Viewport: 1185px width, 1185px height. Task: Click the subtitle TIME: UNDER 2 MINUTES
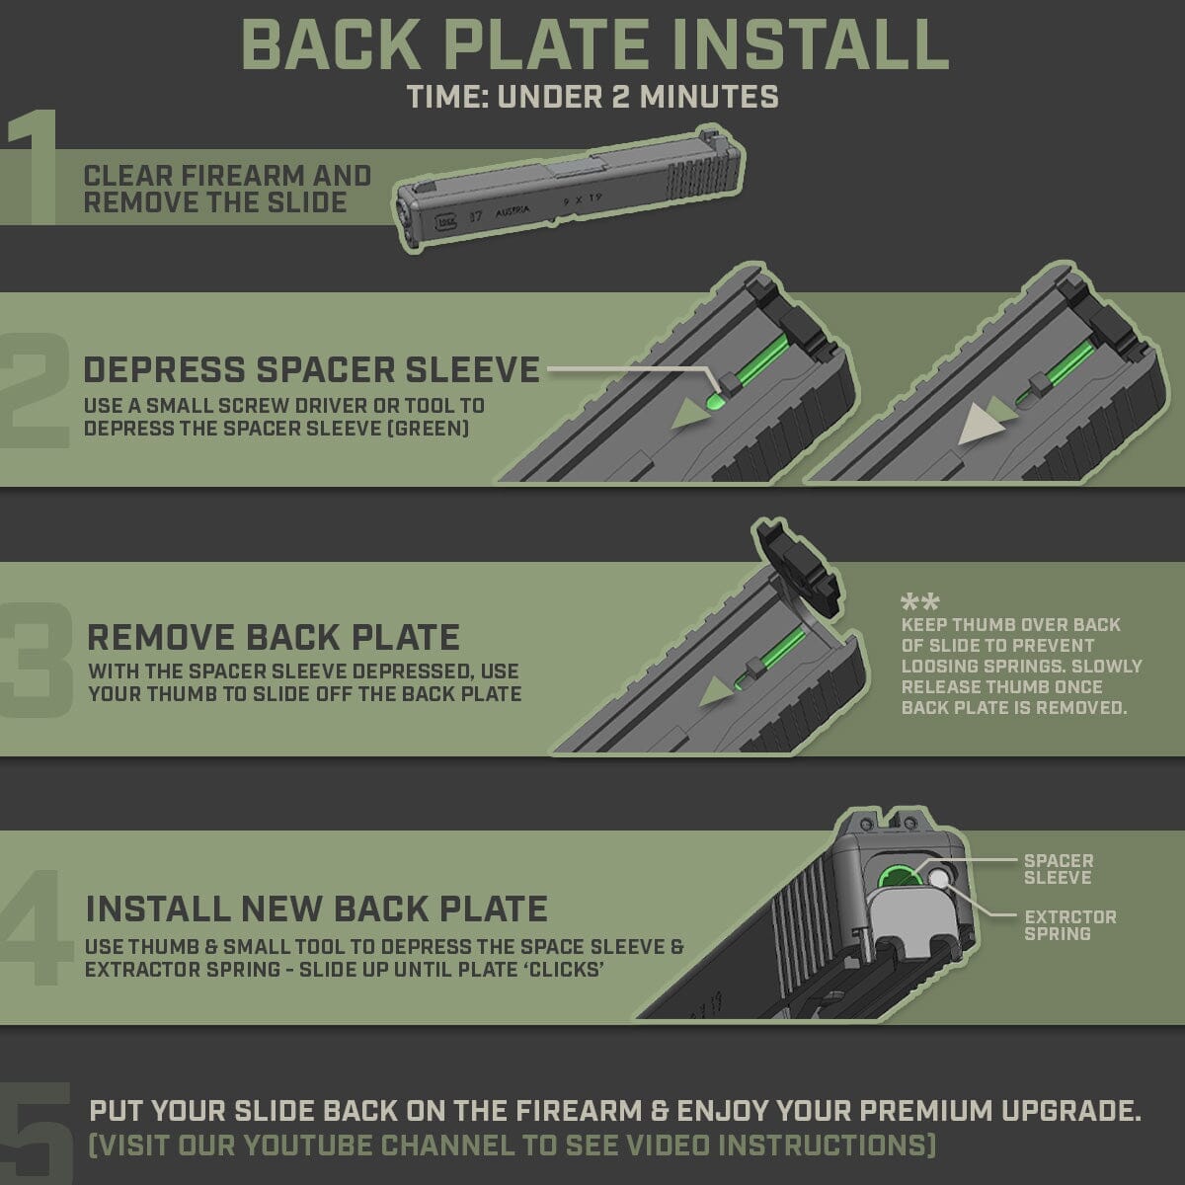point(592,97)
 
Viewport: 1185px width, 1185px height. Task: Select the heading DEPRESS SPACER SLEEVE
point(312,369)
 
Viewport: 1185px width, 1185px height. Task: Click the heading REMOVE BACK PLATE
point(274,637)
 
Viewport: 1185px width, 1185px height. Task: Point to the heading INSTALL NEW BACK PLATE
point(317,908)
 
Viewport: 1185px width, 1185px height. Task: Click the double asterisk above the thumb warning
point(919,601)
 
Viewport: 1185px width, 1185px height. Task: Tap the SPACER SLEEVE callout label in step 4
point(1058,869)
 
